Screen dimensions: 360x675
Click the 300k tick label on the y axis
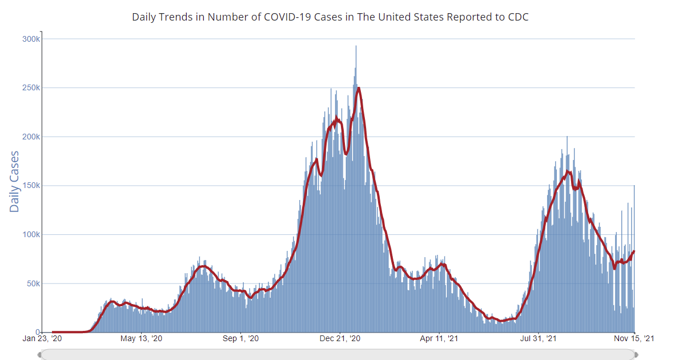(31, 39)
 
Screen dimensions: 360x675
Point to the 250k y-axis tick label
(31, 88)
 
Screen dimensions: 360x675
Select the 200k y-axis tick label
(31, 137)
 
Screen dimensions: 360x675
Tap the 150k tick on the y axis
(31, 186)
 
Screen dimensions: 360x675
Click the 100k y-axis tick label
(31, 235)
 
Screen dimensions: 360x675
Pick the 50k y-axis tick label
(33, 283)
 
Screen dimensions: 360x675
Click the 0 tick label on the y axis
(38, 333)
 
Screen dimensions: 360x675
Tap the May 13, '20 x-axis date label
(142, 339)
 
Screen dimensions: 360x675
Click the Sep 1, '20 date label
(241, 339)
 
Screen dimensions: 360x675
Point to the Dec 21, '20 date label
(340, 339)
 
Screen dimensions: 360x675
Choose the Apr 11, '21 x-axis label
(440, 339)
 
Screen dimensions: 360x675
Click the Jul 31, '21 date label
(539, 339)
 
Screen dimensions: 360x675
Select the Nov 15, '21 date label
(635, 339)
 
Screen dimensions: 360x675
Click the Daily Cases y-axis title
(14, 181)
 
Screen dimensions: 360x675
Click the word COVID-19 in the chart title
(288, 17)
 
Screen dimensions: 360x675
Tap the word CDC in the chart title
(518, 17)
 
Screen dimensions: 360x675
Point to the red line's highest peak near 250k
(358, 88)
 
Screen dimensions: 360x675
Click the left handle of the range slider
(39, 355)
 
